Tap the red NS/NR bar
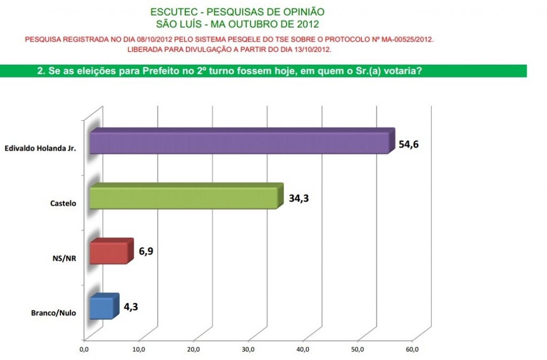point(109,252)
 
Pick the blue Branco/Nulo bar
point(101,308)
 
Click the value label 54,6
point(408,144)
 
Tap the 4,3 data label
point(131,307)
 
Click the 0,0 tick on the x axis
point(84,349)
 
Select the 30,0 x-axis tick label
point(248,349)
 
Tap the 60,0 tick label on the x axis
point(412,349)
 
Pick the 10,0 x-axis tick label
point(139,349)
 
